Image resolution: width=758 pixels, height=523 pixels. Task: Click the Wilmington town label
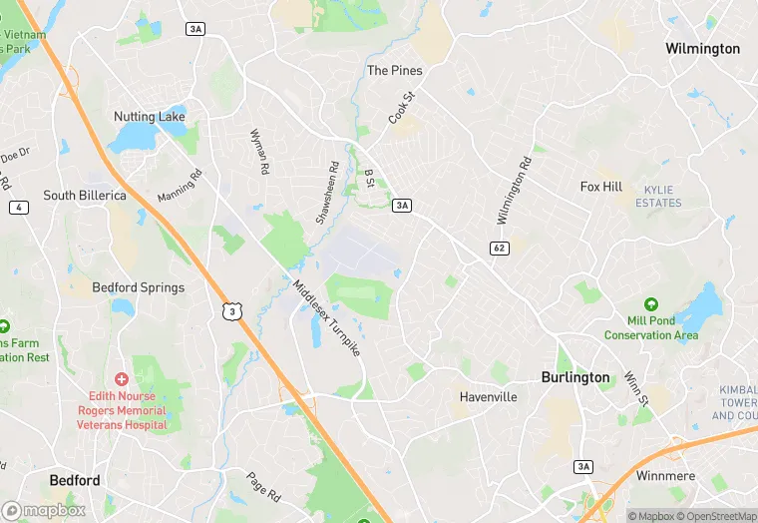tap(702, 49)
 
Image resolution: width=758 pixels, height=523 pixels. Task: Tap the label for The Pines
tap(394, 71)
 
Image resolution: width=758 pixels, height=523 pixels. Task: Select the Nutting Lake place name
tap(149, 117)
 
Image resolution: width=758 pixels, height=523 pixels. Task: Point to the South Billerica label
tap(85, 196)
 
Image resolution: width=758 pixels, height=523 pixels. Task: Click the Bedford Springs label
tap(138, 287)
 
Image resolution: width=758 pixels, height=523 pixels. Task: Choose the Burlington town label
tap(574, 377)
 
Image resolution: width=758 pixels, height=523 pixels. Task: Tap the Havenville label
tap(488, 397)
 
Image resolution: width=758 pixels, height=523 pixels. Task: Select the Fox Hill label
tap(601, 187)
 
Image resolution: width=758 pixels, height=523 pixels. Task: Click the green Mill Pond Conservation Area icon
tap(651, 303)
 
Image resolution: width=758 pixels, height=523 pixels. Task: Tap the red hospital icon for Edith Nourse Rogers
tap(122, 379)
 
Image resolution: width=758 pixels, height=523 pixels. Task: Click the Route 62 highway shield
tap(500, 247)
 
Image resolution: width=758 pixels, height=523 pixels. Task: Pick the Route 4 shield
tap(17, 207)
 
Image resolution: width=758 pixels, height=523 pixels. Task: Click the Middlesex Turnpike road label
tap(326, 319)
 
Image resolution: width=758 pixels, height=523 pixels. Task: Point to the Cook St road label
tap(401, 109)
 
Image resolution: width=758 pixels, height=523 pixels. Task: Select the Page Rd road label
tap(266, 485)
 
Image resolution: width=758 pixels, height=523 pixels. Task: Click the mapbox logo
tap(43, 510)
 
